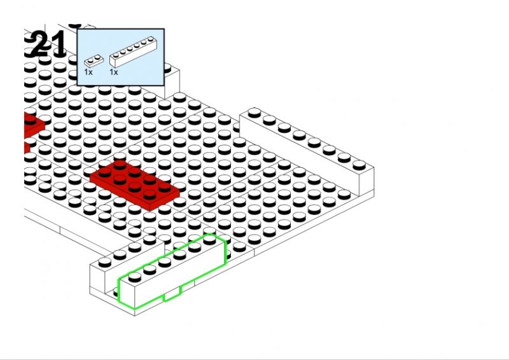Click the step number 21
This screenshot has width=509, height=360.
tap(49, 45)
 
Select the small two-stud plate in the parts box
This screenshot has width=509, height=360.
tap(94, 60)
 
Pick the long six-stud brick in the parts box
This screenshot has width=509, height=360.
tap(133, 52)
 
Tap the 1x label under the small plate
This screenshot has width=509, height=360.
tap(88, 72)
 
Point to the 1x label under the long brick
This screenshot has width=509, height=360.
tap(114, 72)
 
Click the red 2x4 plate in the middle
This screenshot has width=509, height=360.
tap(135, 185)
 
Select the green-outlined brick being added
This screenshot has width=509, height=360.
tap(172, 271)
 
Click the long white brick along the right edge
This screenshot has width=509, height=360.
tap(307, 152)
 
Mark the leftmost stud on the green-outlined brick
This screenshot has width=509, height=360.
tap(135, 277)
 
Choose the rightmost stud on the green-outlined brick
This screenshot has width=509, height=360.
tap(210, 239)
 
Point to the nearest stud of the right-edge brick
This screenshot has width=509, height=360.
tap(359, 165)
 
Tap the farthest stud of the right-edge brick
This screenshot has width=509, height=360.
tap(254, 113)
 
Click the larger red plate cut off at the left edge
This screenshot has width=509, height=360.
tap(34, 125)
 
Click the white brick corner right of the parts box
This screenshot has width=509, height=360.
tap(172, 81)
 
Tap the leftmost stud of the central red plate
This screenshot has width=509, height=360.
tap(104, 172)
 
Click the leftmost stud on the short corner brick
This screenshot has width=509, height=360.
tap(104, 261)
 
